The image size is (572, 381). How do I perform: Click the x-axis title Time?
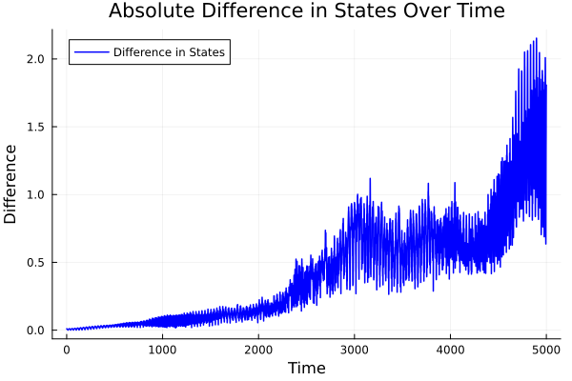[x=306, y=369]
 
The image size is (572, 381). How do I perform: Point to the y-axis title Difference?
[x=11, y=184]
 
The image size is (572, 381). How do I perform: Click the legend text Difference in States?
[x=169, y=52]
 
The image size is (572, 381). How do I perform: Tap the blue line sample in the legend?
[x=91, y=52]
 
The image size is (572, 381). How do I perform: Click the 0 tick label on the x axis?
[x=66, y=350]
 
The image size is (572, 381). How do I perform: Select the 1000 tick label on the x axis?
[x=162, y=350]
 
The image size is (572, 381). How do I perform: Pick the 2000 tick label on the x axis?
[x=258, y=350]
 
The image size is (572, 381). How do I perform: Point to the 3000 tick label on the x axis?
[x=354, y=350]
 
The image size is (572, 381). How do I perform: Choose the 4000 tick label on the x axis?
[x=450, y=350]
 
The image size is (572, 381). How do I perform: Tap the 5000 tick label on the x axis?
[x=546, y=350]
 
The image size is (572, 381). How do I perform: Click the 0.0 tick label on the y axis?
[x=36, y=331]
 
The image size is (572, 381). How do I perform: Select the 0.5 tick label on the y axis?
[x=36, y=263]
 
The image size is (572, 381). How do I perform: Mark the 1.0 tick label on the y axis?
[x=36, y=194]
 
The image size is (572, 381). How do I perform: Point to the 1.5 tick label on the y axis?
[x=36, y=127]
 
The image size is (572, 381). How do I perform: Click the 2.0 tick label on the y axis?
[x=36, y=59]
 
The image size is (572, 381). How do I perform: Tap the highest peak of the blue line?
[x=537, y=39]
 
